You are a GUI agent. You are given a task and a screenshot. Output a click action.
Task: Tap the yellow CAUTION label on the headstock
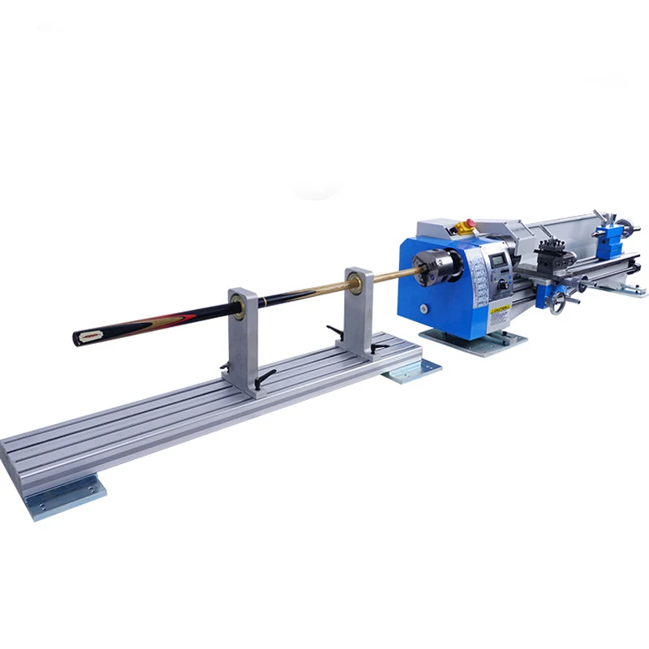point(498,310)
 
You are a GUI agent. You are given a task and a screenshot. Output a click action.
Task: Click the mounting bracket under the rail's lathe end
point(414,372)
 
